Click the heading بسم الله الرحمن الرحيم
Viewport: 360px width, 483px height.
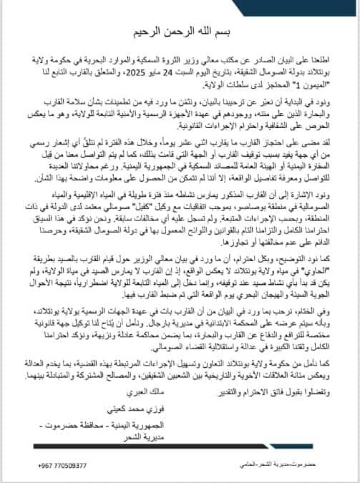179,33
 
